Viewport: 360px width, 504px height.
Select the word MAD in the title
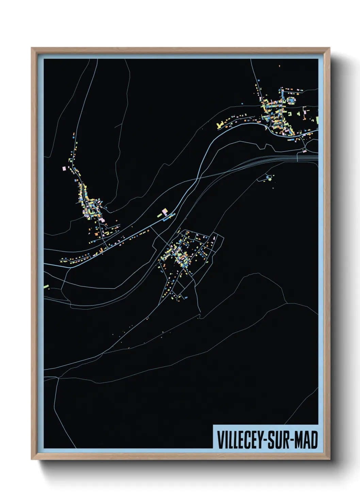point(306,440)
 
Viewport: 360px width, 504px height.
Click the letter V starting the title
point(220,440)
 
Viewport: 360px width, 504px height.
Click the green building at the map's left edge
point(46,286)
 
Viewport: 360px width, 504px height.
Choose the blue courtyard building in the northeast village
point(291,100)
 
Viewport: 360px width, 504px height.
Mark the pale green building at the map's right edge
point(317,119)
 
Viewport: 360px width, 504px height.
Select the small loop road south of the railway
point(269,177)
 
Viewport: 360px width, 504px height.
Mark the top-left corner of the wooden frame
point(32,48)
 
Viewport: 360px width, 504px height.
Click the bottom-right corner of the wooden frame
point(329,459)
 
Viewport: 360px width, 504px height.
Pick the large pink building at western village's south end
point(102,220)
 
